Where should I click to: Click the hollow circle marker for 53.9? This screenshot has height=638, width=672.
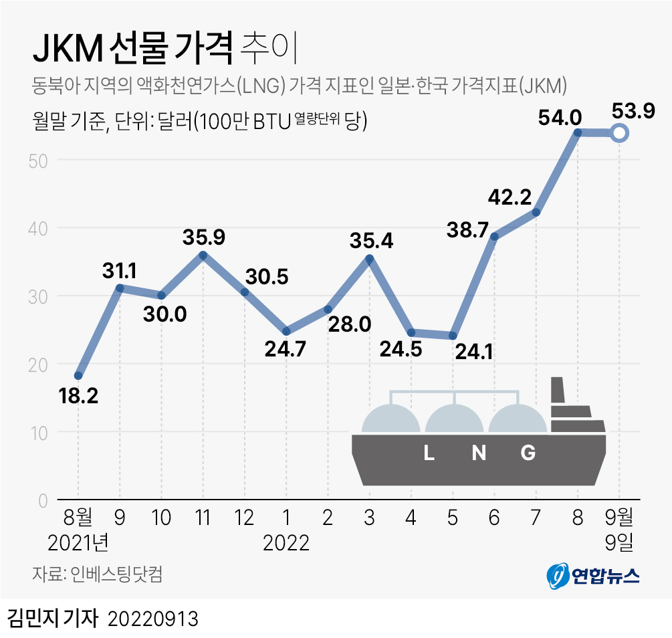(619, 133)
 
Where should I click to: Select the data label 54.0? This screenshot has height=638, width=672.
(560, 118)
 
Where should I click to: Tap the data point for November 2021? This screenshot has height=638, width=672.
(203, 255)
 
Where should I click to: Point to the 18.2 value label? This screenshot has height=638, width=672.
(78, 395)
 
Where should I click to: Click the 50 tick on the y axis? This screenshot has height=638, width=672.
(38, 161)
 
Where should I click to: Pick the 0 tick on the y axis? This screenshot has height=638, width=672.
(43, 501)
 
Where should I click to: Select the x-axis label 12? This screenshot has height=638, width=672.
(244, 518)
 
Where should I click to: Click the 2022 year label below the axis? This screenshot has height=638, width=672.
(286, 543)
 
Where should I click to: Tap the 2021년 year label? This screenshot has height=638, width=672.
(78, 543)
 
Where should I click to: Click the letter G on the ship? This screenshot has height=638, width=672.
(528, 452)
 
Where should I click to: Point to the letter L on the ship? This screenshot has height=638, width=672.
(429, 452)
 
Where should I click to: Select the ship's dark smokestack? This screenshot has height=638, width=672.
(557, 390)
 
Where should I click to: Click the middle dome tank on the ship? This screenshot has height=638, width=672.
(454, 419)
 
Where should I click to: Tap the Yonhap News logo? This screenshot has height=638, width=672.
(592, 576)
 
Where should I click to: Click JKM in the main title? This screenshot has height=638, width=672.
(68, 48)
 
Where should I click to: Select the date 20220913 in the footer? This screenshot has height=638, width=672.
(153, 619)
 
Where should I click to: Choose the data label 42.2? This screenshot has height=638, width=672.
(510, 197)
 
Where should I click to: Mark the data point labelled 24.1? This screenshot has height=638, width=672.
(453, 336)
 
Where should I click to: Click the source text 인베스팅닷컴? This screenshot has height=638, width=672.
(116, 574)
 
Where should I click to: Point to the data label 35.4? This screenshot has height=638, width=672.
(371, 241)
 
